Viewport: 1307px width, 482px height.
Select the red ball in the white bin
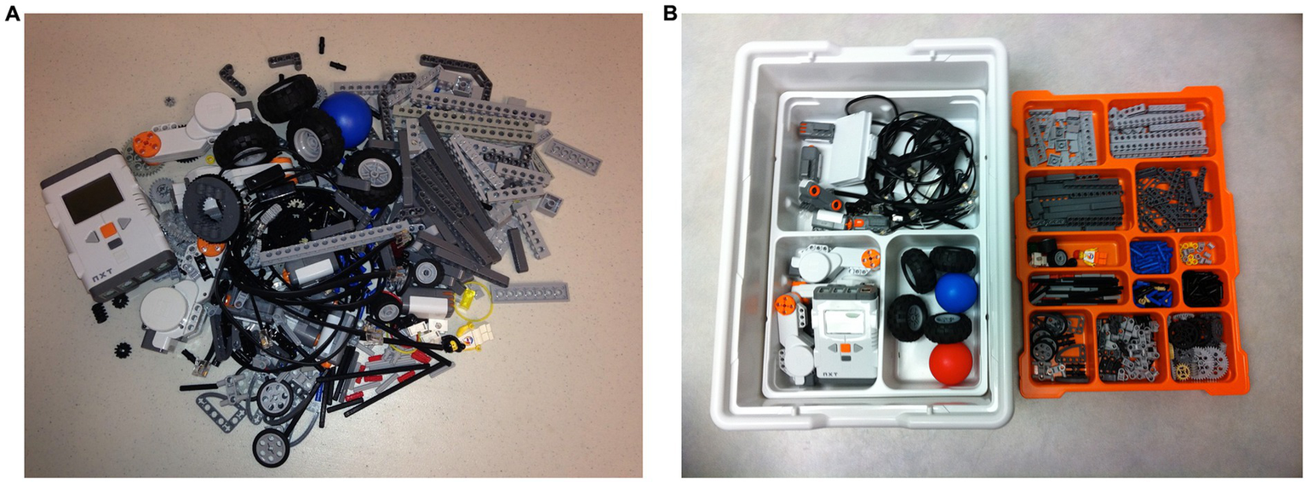950,364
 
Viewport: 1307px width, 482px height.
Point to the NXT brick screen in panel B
843,322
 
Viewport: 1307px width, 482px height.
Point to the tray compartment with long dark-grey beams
1074,199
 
